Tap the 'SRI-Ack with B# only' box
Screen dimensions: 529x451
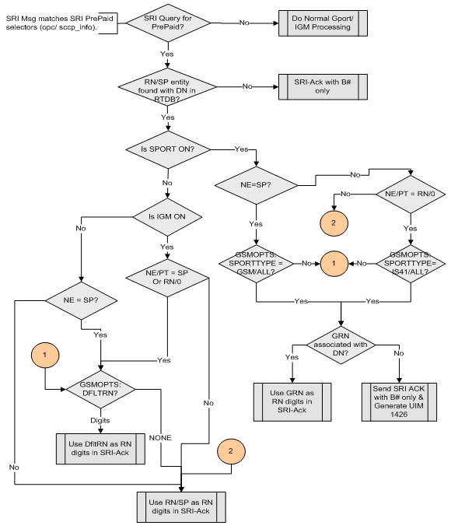(316, 86)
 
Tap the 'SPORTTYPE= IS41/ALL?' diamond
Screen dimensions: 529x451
(411, 264)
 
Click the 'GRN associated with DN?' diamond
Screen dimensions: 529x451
(341, 343)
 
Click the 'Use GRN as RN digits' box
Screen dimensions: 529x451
(293, 401)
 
